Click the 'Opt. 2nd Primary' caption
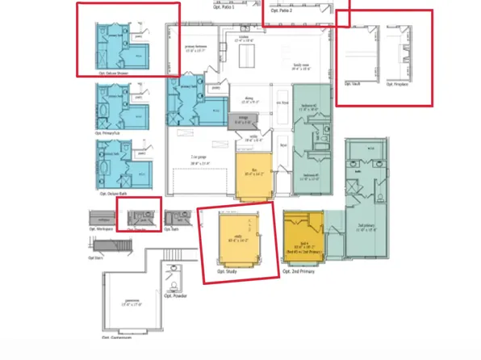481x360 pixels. click(299, 271)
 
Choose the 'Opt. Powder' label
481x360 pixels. click(176, 295)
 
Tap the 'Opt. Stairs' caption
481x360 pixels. click(95, 257)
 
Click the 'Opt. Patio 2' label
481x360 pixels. click(280, 9)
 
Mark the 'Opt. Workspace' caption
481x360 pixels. click(101, 228)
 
